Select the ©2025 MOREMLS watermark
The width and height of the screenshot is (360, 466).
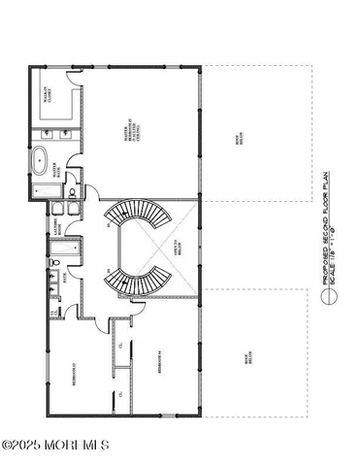[55, 446]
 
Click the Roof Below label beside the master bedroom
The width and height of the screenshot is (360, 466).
[255, 141]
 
